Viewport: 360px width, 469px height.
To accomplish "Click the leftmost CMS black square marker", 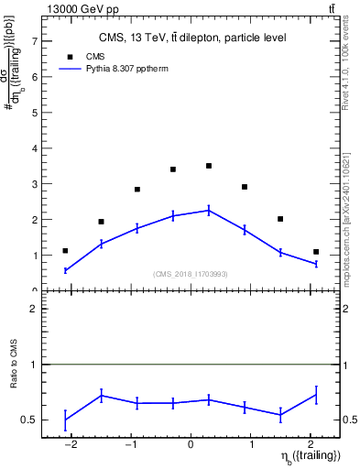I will click(x=65, y=251).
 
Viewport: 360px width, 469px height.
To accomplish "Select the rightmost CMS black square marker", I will click(x=316, y=252).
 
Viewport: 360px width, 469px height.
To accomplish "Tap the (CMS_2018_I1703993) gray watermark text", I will click(x=191, y=274).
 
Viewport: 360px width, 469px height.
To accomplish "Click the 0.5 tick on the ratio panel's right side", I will click(x=352, y=420).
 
